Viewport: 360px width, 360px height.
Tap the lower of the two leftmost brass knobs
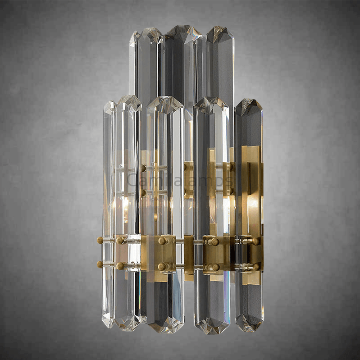[x=100, y=264]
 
